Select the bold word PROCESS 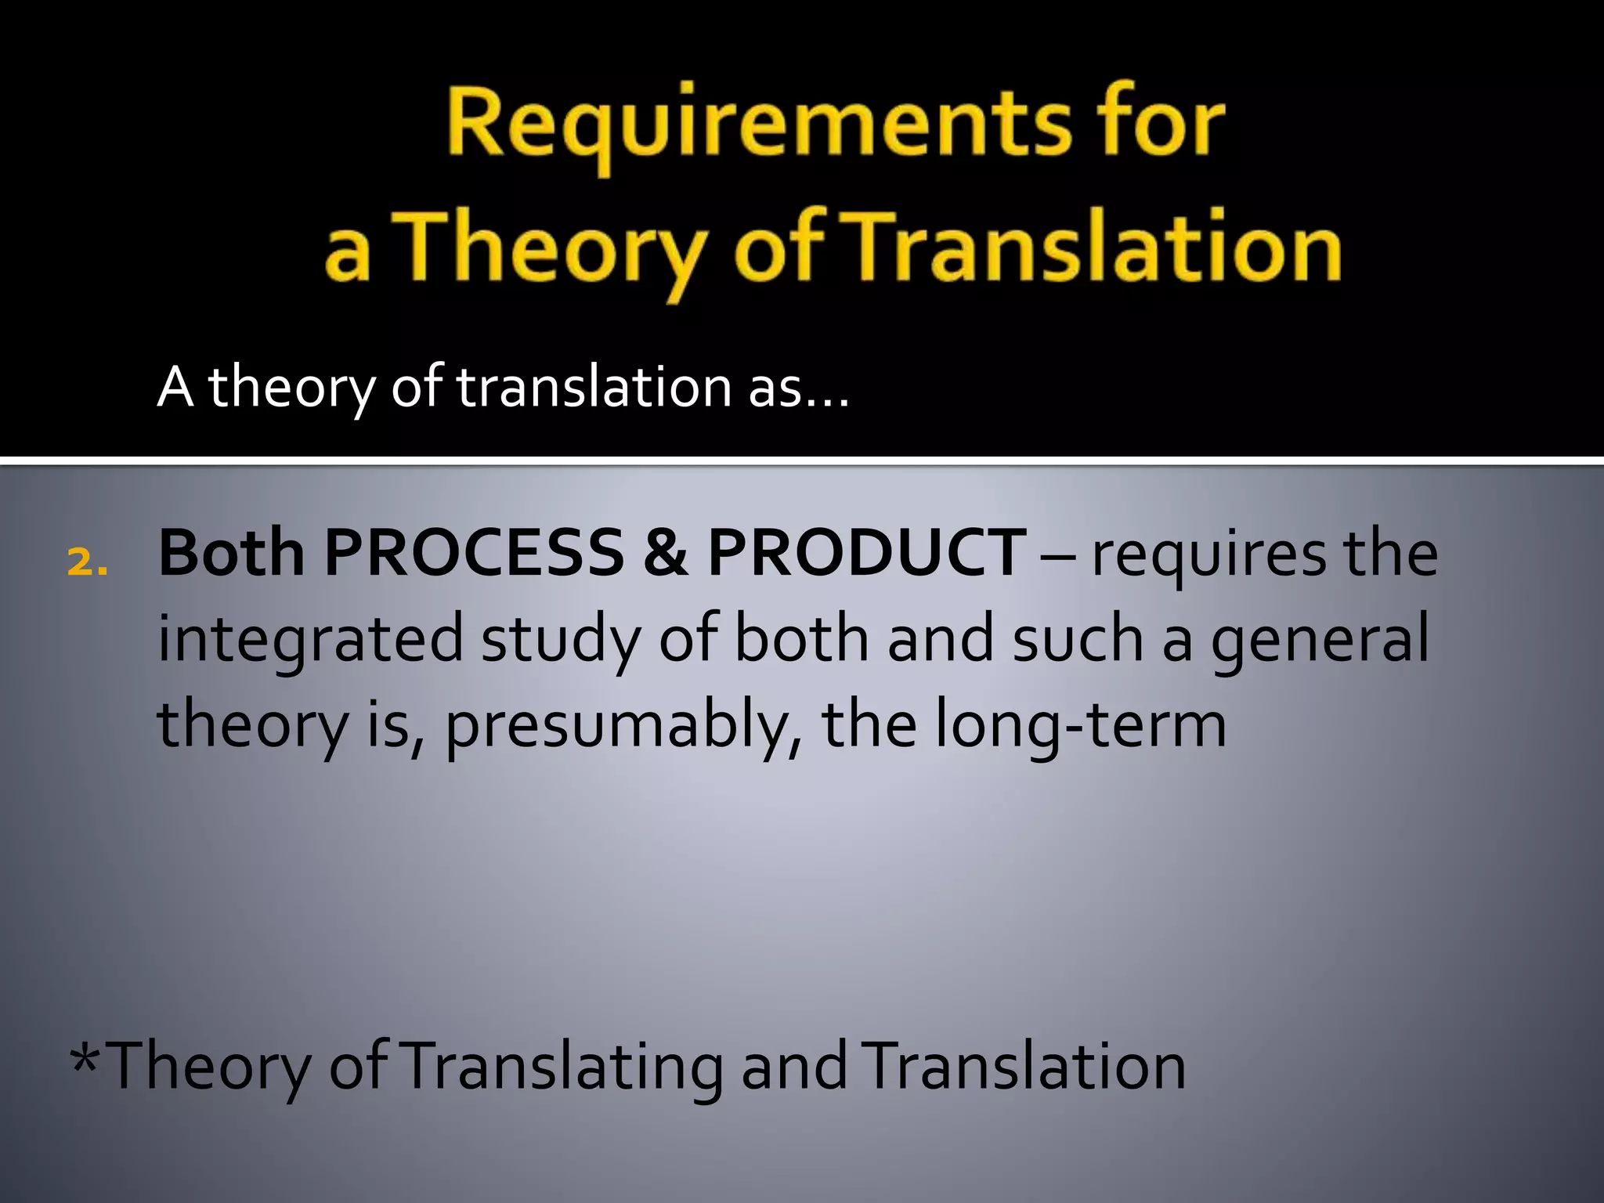pyautogui.click(x=474, y=553)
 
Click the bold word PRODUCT pyautogui.click(x=865, y=553)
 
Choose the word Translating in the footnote pyautogui.click(x=565, y=1067)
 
